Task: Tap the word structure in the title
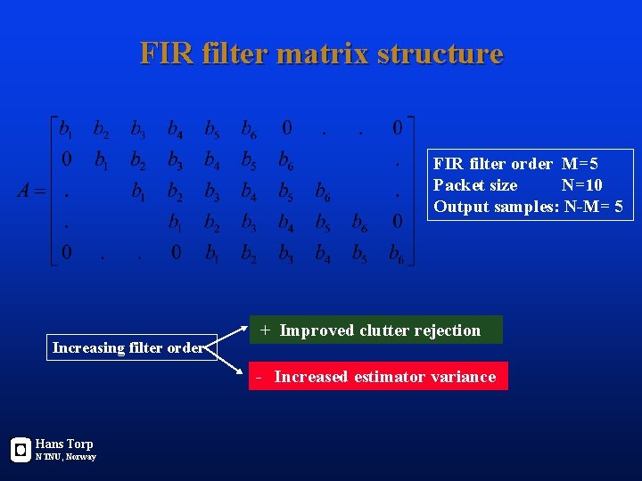click(x=440, y=54)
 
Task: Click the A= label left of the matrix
click(x=32, y=192)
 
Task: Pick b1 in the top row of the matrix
click(x=65, y=129)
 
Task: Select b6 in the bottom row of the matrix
click(x=396, y=255)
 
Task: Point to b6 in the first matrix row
click(x=249, y=129)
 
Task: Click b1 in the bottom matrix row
click(x=212, y=255)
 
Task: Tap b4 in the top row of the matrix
click(x=176, y=129)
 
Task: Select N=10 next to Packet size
click(x=581, y=185)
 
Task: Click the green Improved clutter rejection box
click(x=375, y=330)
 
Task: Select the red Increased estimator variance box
click(x=378, y=376)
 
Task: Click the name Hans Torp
click(x=64, y=444)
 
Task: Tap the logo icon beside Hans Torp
click(x=21, y=450)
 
